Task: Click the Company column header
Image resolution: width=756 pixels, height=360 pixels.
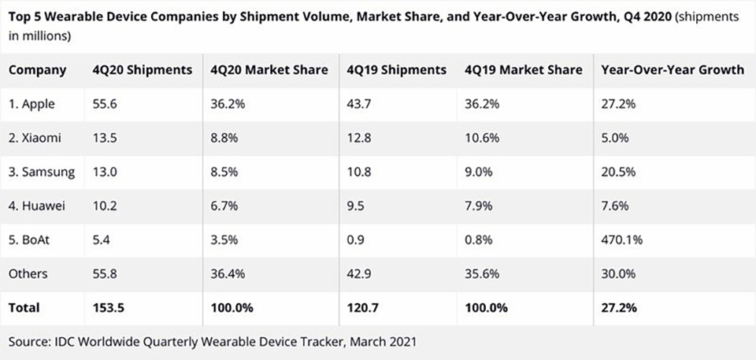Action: click(37, 70)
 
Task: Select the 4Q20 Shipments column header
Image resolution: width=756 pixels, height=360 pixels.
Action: click(143, 70)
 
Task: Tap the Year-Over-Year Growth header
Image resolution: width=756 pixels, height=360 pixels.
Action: click(673, 70)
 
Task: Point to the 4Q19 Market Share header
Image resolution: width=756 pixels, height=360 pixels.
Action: click(524, 70)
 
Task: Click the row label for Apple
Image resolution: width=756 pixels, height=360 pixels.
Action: click(31, 104)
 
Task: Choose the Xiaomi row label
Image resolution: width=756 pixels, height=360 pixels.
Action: click(35, 138)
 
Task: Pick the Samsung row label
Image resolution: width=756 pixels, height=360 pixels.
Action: click(42, 173)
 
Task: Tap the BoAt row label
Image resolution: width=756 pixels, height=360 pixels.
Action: click(29, 239)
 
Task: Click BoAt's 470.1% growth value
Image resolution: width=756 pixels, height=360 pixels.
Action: click(622, 239)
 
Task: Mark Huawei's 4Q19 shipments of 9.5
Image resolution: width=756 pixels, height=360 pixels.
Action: click(355, 206)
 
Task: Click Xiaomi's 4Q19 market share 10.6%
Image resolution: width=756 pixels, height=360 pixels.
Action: click(482, 138)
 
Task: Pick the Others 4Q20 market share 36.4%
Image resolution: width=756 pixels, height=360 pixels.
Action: click(228, 274)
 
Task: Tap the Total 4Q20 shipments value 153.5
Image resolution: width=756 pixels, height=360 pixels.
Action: click(108, 308)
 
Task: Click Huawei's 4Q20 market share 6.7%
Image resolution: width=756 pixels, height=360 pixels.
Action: click(224, 206)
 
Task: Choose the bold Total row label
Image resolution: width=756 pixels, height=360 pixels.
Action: click(24, 308)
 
